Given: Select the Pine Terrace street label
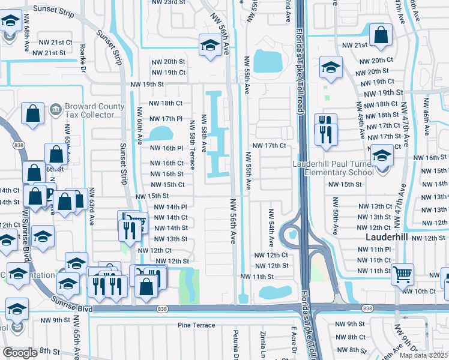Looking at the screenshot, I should point(196,325).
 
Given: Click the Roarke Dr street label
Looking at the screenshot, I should point(83,56).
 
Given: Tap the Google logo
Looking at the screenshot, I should point(20,353).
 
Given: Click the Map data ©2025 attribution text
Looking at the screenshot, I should point(424,356).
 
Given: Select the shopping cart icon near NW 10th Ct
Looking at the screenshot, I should point(403,274).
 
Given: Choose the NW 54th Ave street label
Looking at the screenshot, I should point(271,228).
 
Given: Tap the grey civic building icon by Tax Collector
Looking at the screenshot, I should point(56,109).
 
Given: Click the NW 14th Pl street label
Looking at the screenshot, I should point(171,207).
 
